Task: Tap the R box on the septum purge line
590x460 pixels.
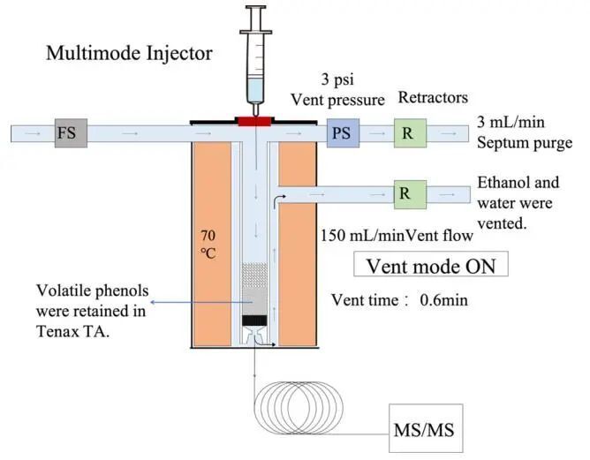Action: [409, 134]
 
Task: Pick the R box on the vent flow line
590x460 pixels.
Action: [409, 193]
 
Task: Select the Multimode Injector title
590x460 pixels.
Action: [130, 54]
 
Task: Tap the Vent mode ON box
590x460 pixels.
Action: [430, 265]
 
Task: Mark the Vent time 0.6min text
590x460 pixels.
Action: [399, 300]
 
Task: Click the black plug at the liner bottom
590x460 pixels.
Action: [255, 319]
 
